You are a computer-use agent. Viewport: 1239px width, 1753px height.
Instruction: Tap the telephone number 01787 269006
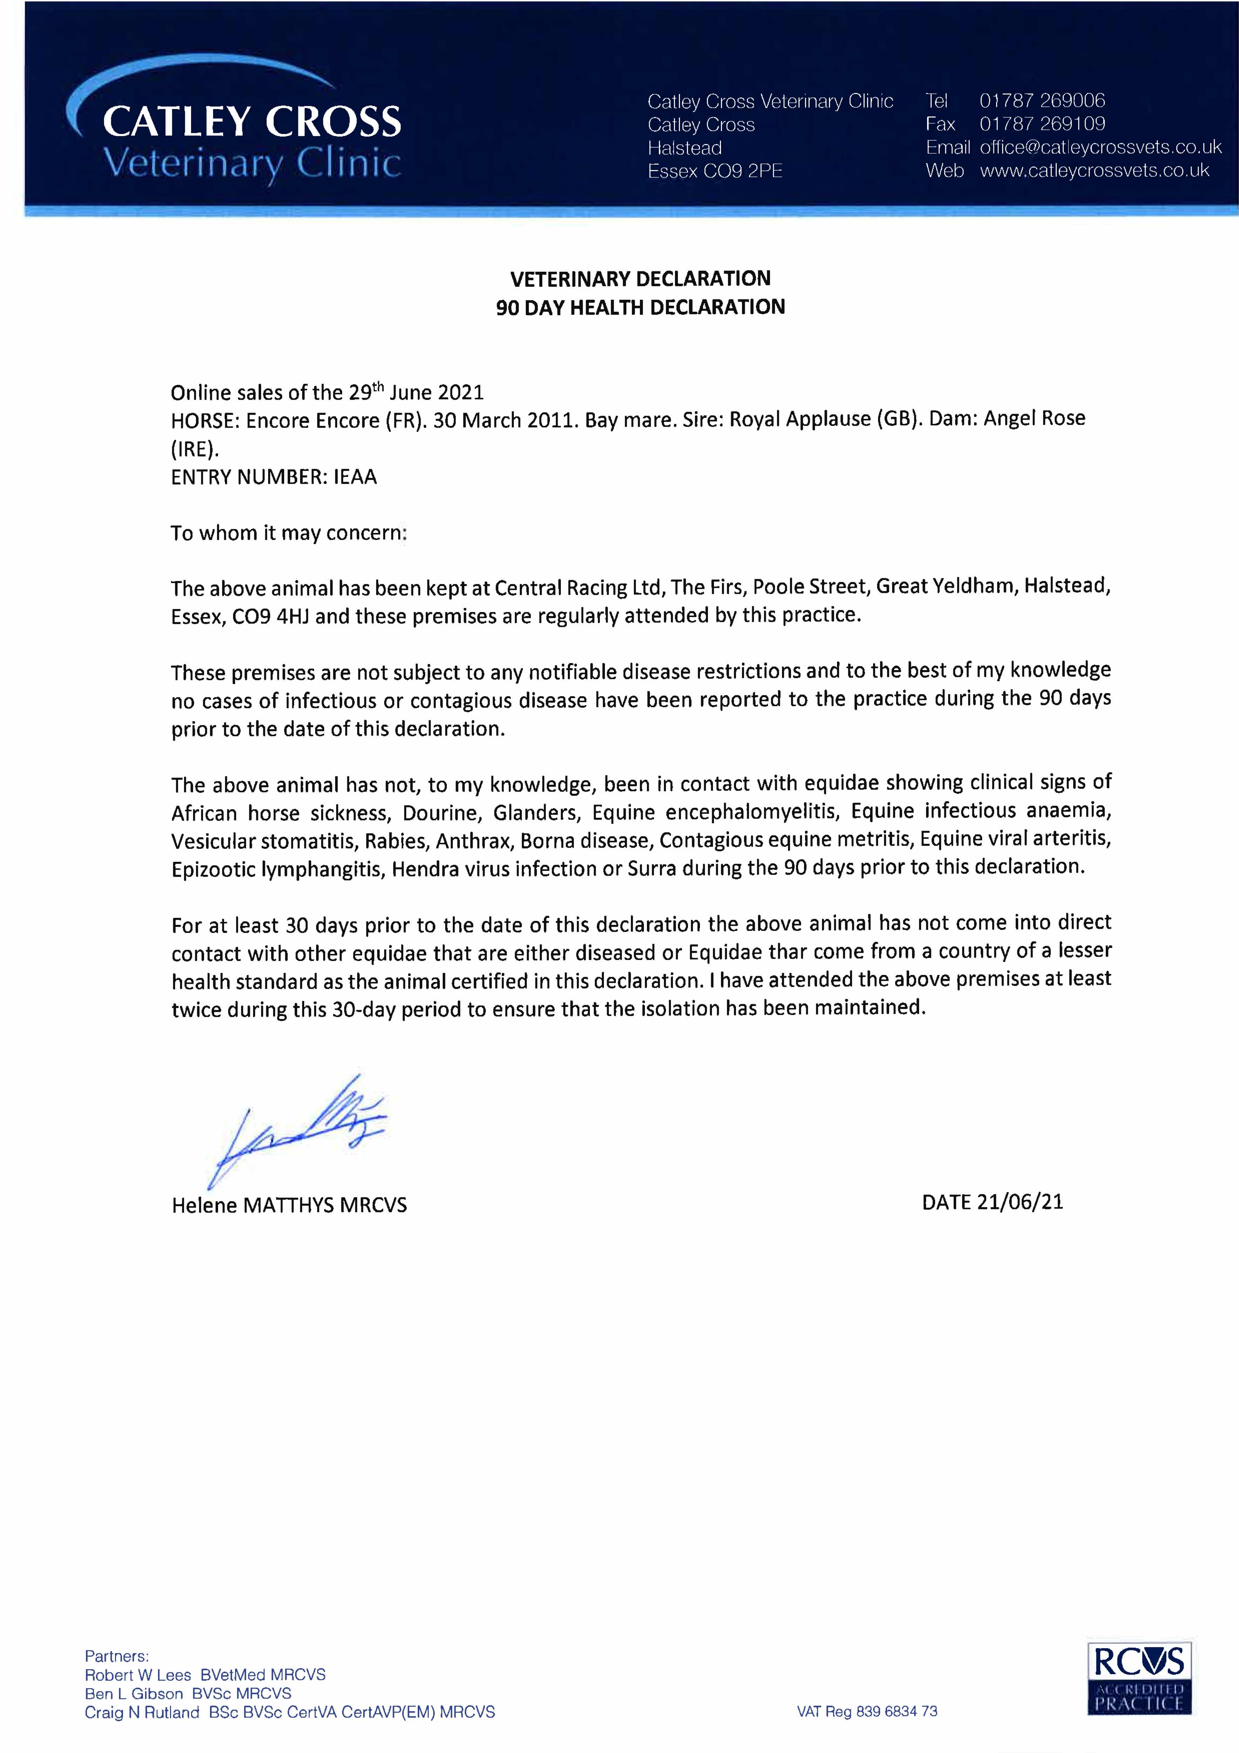click(x=1042, y=100)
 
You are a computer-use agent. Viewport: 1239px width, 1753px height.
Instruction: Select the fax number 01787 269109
click(x=1042, y=124)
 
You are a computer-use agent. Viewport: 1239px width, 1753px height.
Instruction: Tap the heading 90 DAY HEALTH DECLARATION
click(x=640, y=307)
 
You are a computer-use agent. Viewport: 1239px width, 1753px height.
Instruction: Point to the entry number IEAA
click(x=355, y=477)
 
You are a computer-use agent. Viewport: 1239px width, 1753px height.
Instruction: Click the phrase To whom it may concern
click(x=288, y=533)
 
